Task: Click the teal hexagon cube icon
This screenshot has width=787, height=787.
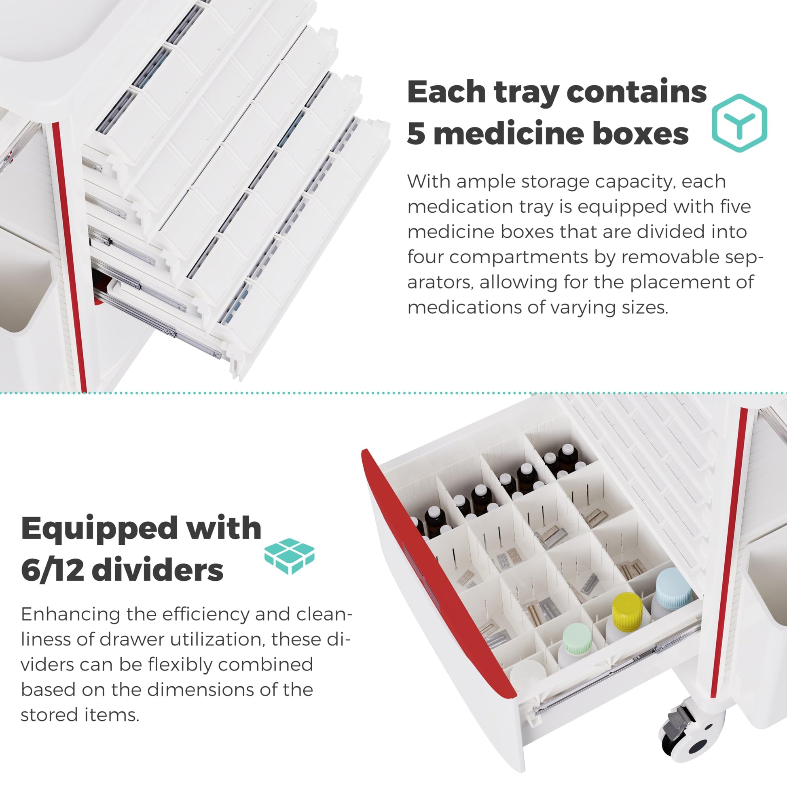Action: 739,123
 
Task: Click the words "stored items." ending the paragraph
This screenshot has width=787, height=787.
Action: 80,715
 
